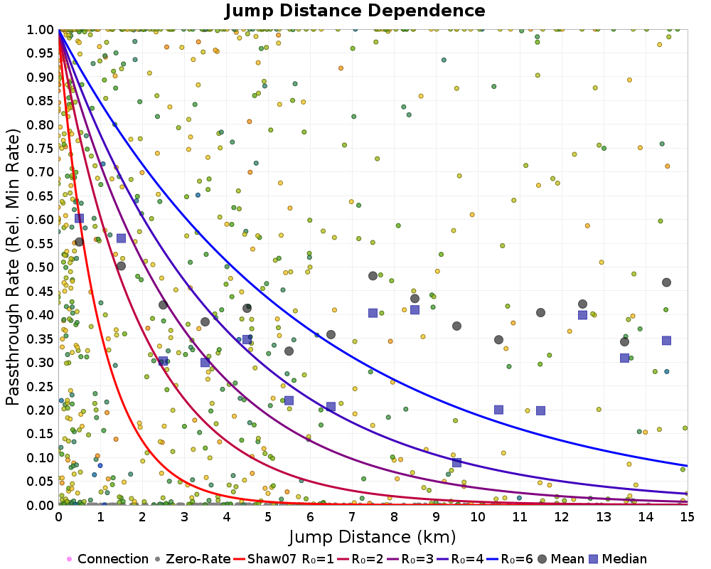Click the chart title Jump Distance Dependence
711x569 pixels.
[x=355, y=11]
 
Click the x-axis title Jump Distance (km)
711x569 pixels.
[x=373, y=536]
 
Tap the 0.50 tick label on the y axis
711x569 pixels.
[x=41, y=267]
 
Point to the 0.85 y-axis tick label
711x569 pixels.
[x=41, y=100]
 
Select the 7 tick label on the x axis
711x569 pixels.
[x=352, y=516]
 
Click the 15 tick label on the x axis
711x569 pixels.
[x=687, y=516]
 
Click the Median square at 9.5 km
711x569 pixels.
[x=456, y=462]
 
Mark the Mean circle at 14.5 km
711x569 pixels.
[x=666, y=282]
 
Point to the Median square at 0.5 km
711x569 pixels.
[x=79, y=218]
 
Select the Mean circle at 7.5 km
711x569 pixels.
[x=373, y=276]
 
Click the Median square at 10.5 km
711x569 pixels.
[x=498, y=410]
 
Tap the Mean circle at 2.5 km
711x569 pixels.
[x=163, y=304]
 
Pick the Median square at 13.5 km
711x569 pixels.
[x=624, y=358]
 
